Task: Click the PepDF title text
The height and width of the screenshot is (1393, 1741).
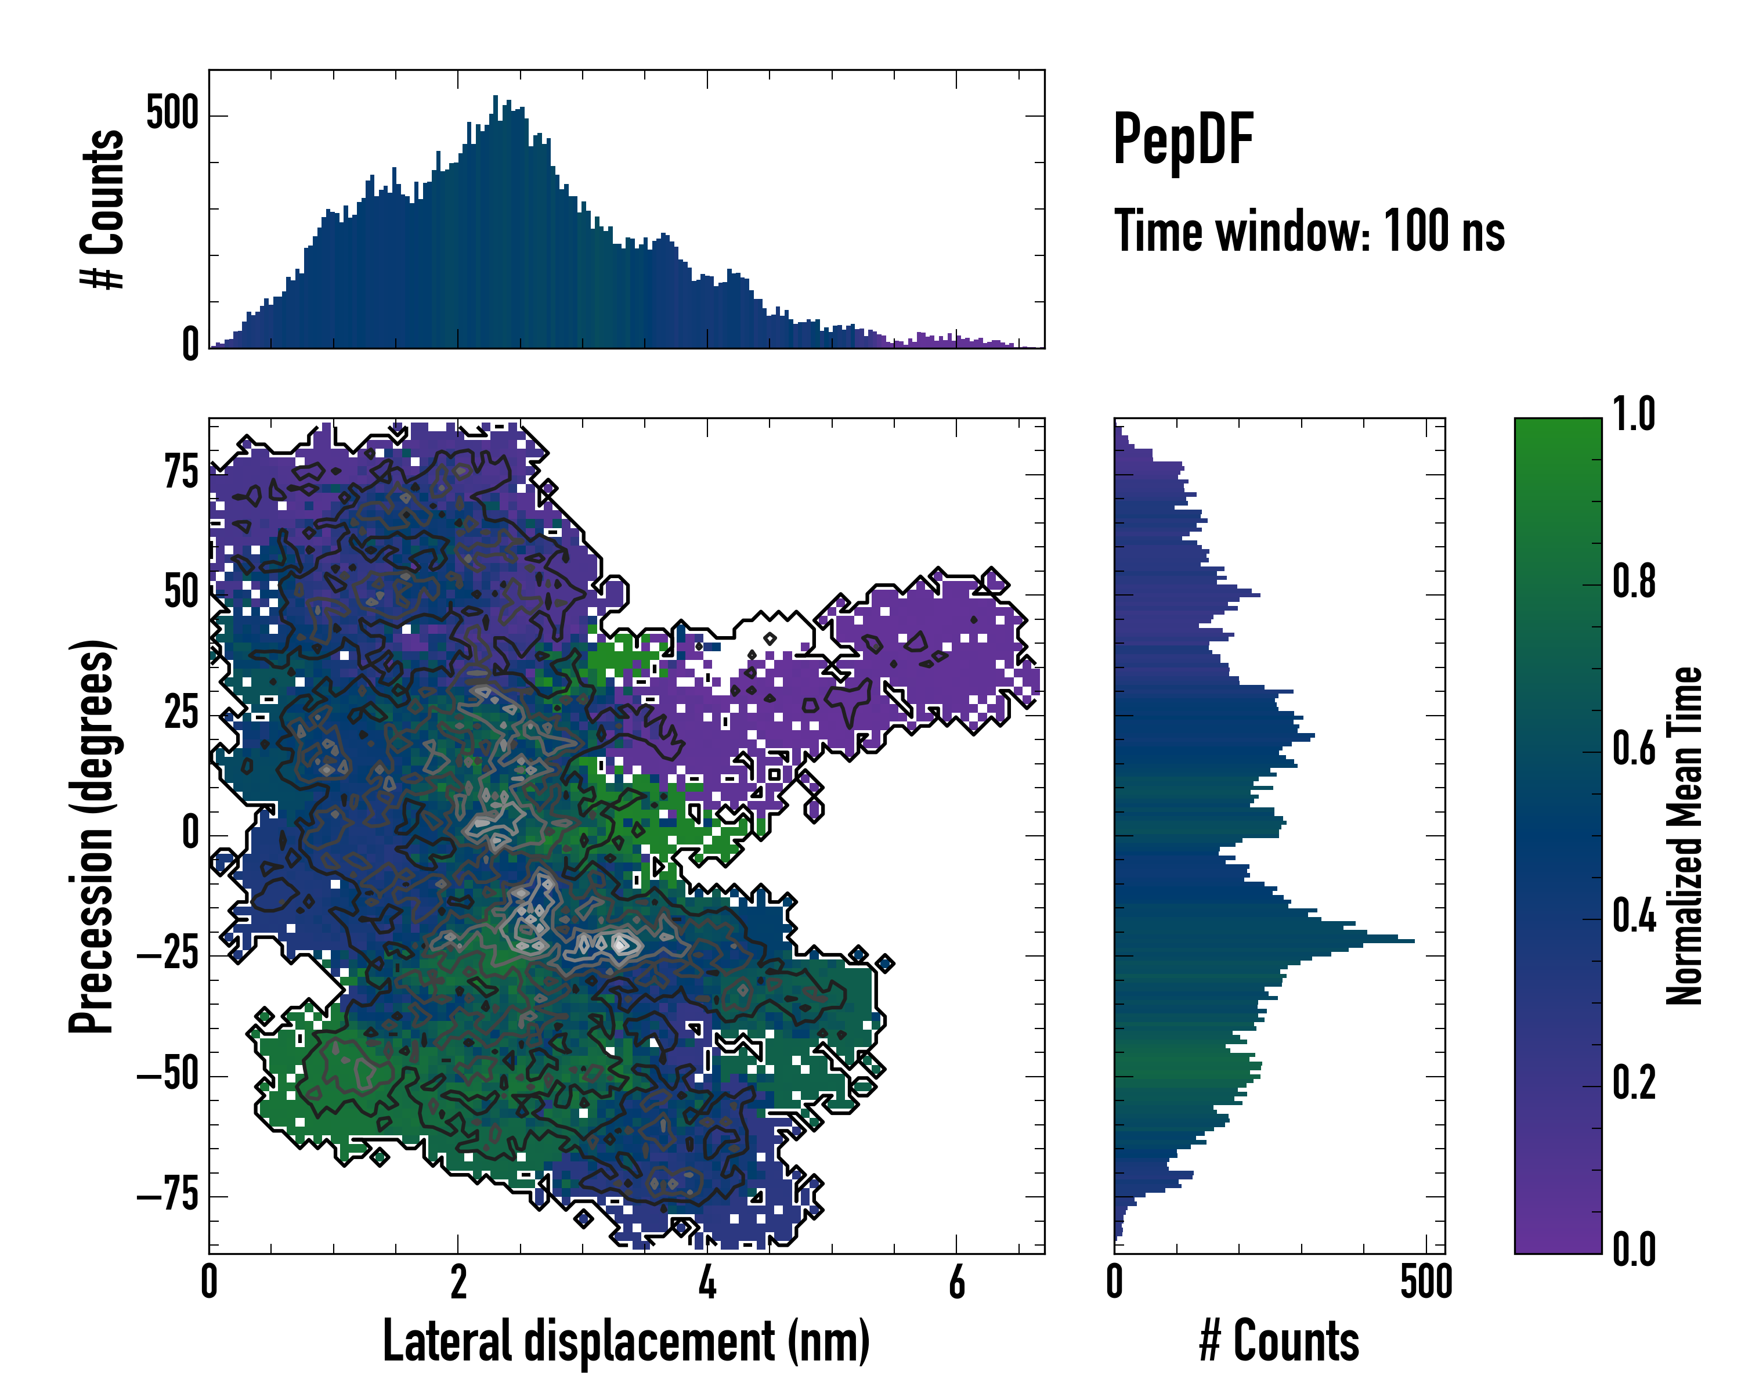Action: pyautogui.click(x=1183, y=140)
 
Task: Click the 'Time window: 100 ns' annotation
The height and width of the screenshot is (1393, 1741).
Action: pyautogui.click(x=1309, y=232)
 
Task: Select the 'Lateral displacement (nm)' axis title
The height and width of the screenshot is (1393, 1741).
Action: pyautogui.click(x=626, y=1341)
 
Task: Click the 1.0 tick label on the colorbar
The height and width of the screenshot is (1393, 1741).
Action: pyautogui.click(x=1634, y=414)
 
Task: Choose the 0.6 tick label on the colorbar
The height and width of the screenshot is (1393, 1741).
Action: pyautogui.click(x=1634, y=749)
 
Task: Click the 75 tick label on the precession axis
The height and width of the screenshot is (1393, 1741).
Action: pyautogui.click(x=181, y=472)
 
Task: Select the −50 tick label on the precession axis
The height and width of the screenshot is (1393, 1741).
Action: pyautogui.click(x=167, y=1075)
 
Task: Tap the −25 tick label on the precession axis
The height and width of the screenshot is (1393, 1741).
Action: pyautogui.click(x=167, y=955)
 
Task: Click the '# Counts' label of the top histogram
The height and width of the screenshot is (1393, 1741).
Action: pyautogui.click(x=103, y=208)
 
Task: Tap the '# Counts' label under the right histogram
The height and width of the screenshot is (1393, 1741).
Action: pyautogui.click(x=1279, y=1341)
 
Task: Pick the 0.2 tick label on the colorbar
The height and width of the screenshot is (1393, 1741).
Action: pyautogui.click(x=1634, y=1083)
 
